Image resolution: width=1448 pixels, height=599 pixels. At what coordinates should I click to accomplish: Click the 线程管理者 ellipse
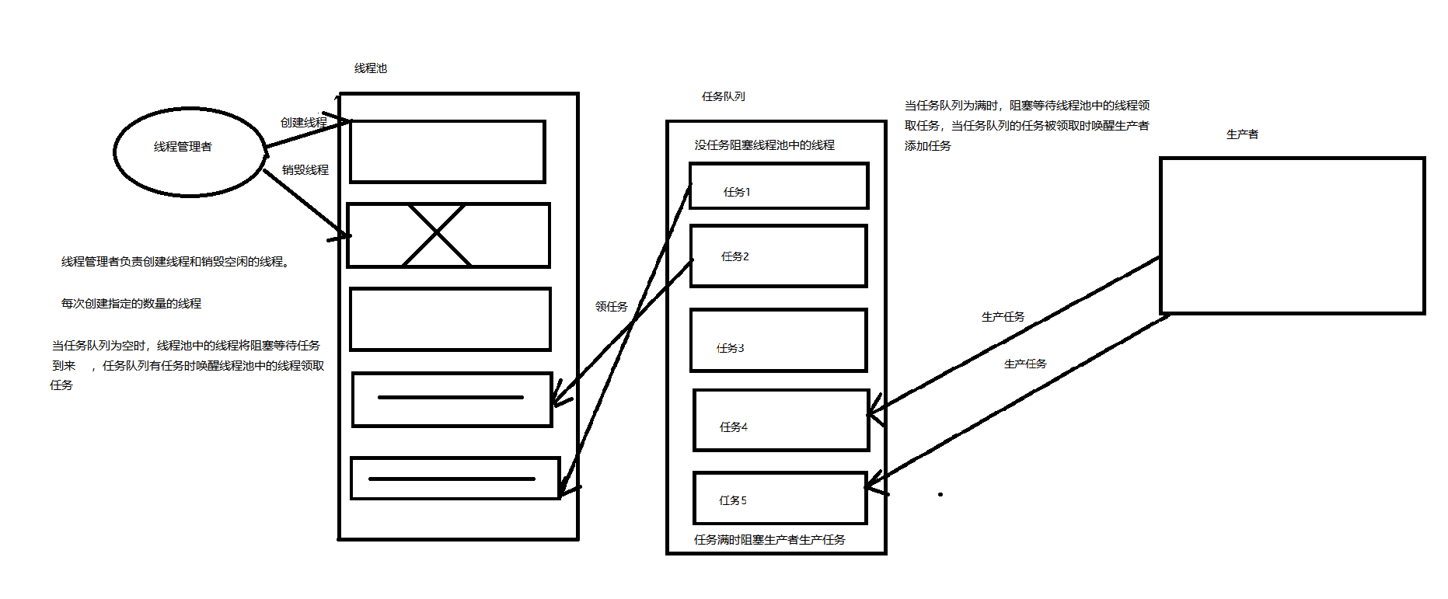click(190, 151)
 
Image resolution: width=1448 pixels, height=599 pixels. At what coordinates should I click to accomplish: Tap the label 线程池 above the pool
click(370, 68)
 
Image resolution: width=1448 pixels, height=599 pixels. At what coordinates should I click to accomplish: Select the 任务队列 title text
click(723, 96)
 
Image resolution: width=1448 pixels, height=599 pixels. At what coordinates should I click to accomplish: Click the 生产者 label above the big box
click(1241, 134)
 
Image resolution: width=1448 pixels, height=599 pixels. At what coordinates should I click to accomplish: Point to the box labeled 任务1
click(778, 186)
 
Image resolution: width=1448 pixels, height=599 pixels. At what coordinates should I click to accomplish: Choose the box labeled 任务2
click(778, 256)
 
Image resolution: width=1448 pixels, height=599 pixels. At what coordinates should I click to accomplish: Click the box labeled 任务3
click(778, 340)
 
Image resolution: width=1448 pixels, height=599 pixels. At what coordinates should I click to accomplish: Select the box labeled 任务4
click(780, 420)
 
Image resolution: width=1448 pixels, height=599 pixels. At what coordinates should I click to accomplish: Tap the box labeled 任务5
click(780, 498)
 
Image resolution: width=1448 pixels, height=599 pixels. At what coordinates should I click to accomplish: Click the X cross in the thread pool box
click(437, 235)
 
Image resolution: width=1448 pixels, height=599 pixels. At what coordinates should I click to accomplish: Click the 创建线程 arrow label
click(303, 123)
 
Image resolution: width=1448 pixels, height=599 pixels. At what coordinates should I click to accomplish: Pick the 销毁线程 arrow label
click(305, 169)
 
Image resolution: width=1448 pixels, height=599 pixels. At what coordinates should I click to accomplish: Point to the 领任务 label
click(611, 307)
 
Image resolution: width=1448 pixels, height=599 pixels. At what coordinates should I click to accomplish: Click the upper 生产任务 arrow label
click(1003, 317)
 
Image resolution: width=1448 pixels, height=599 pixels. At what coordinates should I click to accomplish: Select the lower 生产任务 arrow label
click(1024, 364)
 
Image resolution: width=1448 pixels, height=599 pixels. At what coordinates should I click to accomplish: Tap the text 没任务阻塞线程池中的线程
click(764, 145)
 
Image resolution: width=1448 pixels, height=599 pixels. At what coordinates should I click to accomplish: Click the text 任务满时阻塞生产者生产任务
click(769, 539)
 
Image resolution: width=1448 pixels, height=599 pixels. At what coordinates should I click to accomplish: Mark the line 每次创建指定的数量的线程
click(131, 304)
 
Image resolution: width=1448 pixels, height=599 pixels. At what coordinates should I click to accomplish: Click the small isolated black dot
click(940, 494)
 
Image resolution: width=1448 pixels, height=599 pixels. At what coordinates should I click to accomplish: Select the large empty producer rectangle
click(1292, 235)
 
